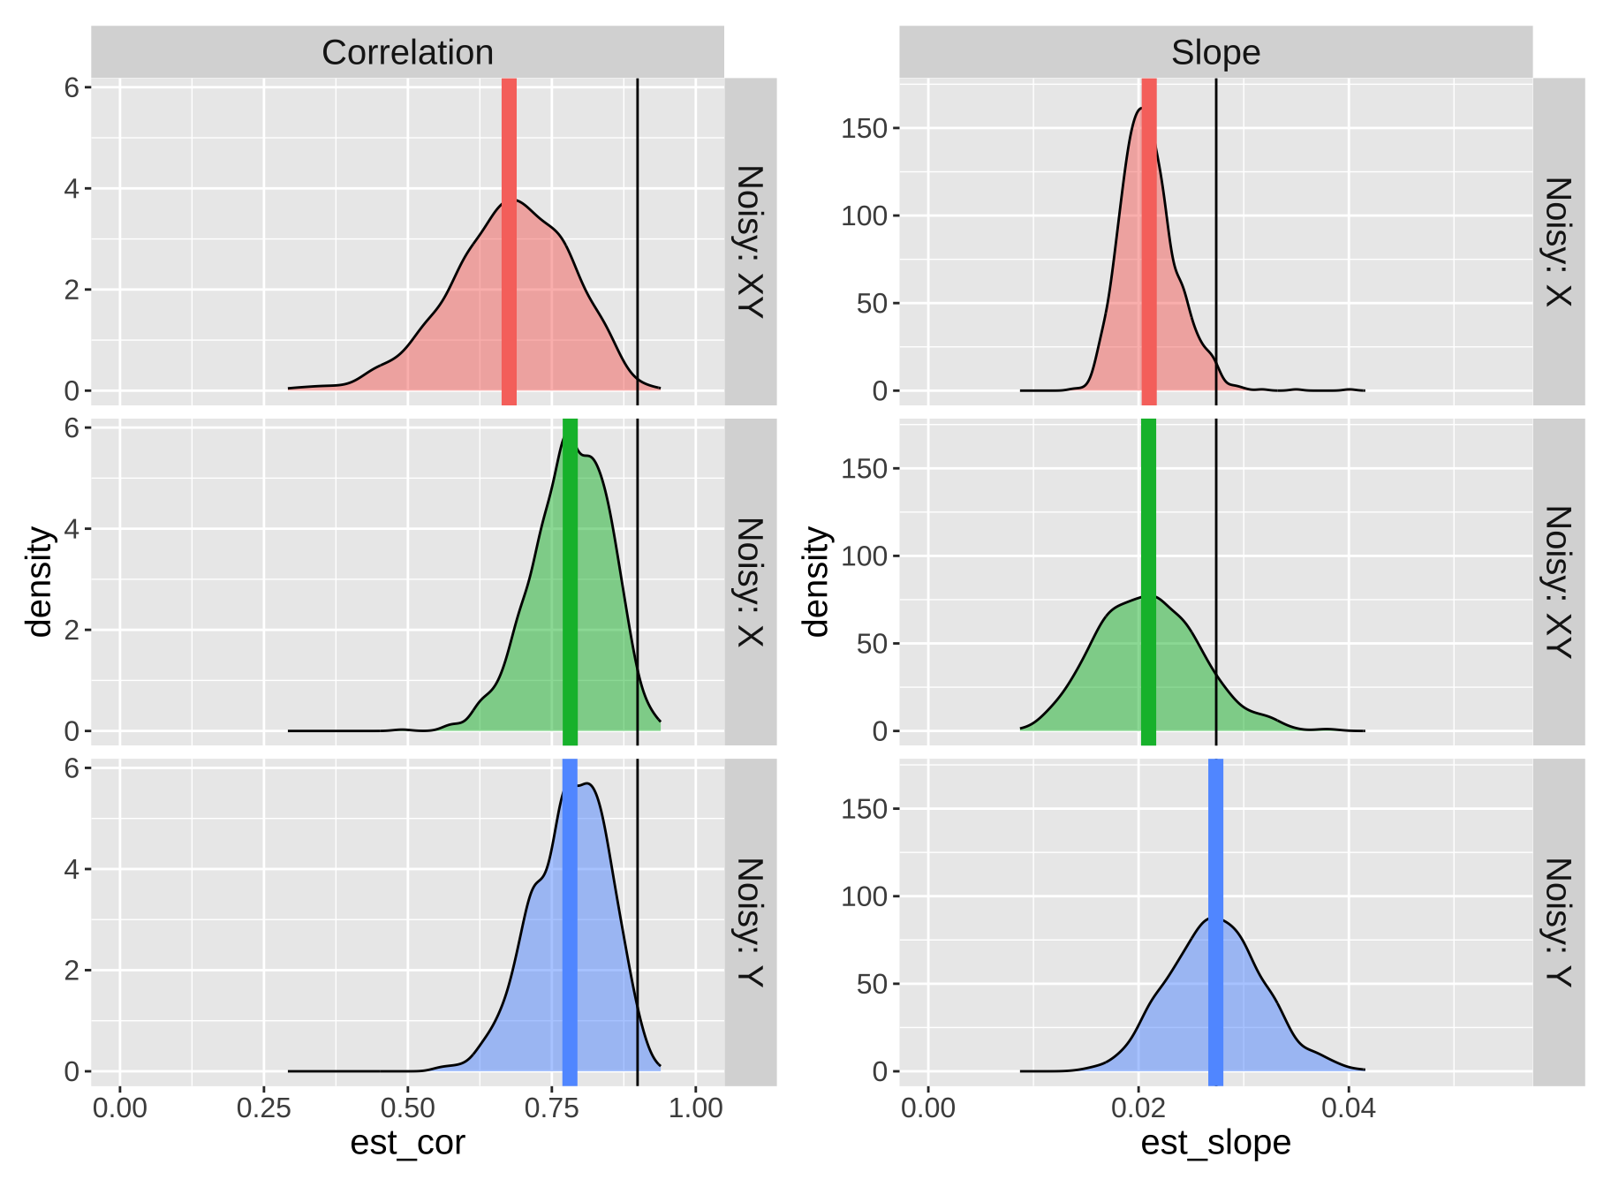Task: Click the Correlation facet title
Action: (x=407, y=52)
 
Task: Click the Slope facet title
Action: (x=1215, y=52)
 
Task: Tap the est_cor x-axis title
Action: (x=407, y=1143)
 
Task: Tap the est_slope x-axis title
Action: (x=1215, y=1143)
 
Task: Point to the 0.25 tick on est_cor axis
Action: (x=263, y=1108)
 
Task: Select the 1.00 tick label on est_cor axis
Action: (x=695, y=1108)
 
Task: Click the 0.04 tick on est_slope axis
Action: (x=1349, y=1108)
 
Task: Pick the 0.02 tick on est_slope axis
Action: (x=1138, y=1108)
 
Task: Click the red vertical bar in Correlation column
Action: (x=509, y=265)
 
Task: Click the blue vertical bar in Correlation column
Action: (x=570, y=972)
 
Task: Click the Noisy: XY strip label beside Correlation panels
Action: (x=750, y=241)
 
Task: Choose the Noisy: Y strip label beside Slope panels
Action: (x=1558, y=922)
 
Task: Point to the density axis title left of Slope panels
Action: (x=816, y=581)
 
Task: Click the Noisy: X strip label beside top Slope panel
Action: (x=1558, y=241)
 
